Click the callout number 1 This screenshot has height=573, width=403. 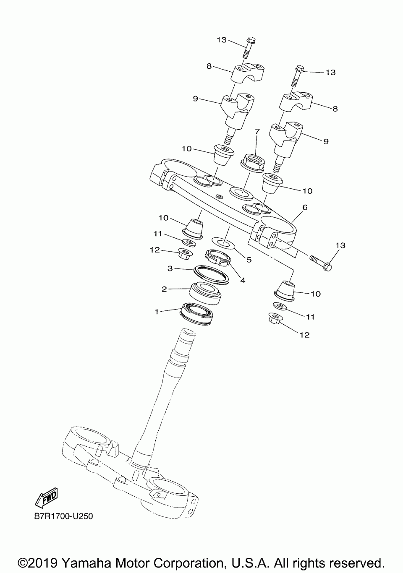(157, 312)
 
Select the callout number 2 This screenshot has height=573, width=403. (165, 289)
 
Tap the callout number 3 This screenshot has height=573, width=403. (170, 268)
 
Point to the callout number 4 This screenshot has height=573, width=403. (243, 280)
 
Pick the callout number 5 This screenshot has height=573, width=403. (249, 260)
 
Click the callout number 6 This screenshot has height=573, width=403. (305, 207)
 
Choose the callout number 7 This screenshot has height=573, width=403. (257, 132)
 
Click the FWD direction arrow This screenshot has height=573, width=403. (46, 497)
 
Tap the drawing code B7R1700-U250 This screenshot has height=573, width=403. (64, 516)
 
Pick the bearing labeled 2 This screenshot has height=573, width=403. (205, 293)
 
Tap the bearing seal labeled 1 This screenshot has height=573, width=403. (196, 313)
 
